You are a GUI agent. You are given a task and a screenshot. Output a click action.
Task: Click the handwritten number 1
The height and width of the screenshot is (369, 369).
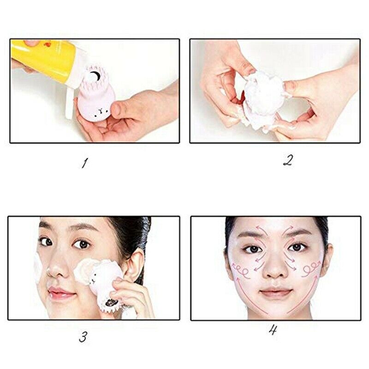click(84, 163)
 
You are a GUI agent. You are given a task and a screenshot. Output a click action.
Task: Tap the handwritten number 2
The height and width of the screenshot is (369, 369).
click(288, 160)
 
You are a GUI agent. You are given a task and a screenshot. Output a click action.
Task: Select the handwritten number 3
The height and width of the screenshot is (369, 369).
click(83, 337)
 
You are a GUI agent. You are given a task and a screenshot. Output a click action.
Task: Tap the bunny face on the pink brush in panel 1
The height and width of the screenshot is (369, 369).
click(98, 110)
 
